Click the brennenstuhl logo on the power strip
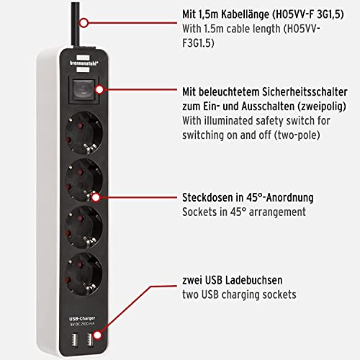click(84, 63)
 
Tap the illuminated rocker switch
click(84, 90)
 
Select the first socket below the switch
click(84, 133)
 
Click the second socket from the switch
click(84, 180)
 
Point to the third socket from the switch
click(84, 227)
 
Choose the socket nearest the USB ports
click(84, 274)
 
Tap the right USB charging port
click(90, 339)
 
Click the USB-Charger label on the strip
click(82, 319)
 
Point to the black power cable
click(76, 24)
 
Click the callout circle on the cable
click(84, 23)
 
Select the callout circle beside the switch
click(99, 89)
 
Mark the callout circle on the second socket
click(96, 197)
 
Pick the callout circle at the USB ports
click(97, 335)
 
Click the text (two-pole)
click(297, 135)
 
